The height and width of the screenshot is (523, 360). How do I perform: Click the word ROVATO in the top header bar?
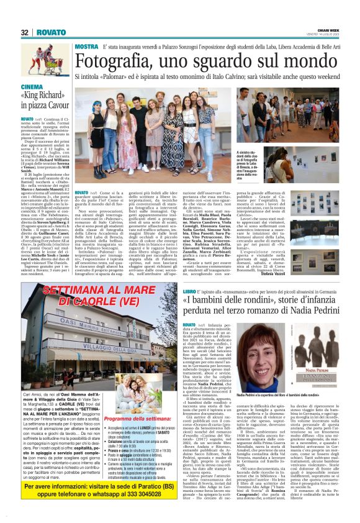[47, 32]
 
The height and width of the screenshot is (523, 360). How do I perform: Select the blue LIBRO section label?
[189, 291]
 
